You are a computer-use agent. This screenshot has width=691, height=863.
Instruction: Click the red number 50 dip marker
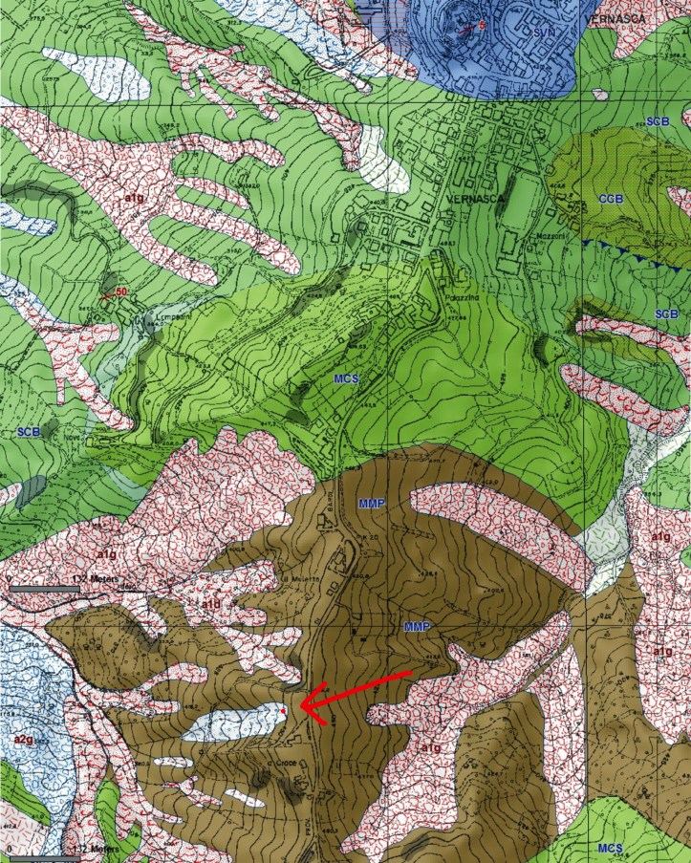(x=120, y=291)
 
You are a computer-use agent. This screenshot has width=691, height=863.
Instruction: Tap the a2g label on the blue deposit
(x=24, y=739)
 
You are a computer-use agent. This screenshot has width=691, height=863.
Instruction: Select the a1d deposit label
(x=210, y=605)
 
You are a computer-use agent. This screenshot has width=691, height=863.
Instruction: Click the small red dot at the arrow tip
(x=284, y=711)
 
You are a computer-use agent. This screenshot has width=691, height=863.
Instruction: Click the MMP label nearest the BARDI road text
(x=371, y=501)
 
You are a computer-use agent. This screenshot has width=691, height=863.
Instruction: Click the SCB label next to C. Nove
(x=29, y=432)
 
